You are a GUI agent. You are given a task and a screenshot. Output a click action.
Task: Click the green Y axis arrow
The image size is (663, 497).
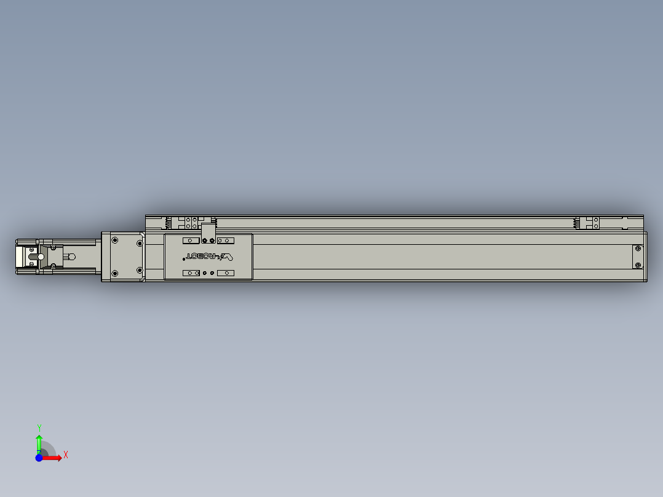pyautogui.click(x=39, y=442)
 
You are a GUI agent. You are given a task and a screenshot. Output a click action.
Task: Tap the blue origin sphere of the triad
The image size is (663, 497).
pyautogui.click(x=39, y=458)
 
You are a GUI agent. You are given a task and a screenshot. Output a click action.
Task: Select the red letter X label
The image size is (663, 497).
pyautogui.click(x=66, y=455)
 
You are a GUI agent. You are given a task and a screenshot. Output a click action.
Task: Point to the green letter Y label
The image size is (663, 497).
pyautogui.click(x=39, y=427)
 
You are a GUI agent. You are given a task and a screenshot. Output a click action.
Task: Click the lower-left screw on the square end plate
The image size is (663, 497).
pyautogui.click(x=114, y=273)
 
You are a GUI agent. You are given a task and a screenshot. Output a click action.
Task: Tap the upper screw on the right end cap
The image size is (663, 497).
pyautogui.click(x=637, y=248)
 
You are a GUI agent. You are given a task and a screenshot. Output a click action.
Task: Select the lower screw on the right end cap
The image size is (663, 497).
pyautogui.click(x=637, y=266)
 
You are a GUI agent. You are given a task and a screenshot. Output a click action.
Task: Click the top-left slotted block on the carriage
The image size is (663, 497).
pyautogui.click(x=191, y=241)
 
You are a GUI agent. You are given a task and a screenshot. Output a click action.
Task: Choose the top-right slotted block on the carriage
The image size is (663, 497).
pyautogui.click(x=226, y=241)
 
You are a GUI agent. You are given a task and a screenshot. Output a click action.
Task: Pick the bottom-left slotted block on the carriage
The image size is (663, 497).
pyautogui.click(x=191, y=272)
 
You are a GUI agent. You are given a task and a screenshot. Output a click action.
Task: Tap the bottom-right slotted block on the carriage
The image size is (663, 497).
pyautogui.click(x=226, y=272)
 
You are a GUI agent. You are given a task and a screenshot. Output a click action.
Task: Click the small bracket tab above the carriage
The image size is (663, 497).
pyautogui.click(x=208, y=231)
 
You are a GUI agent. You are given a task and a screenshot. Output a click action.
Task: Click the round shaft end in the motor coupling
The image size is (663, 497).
pyautogui.click(x=41, y=256)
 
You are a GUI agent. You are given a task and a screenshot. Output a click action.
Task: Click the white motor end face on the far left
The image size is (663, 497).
pyautogui.click(x=20, y=256)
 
